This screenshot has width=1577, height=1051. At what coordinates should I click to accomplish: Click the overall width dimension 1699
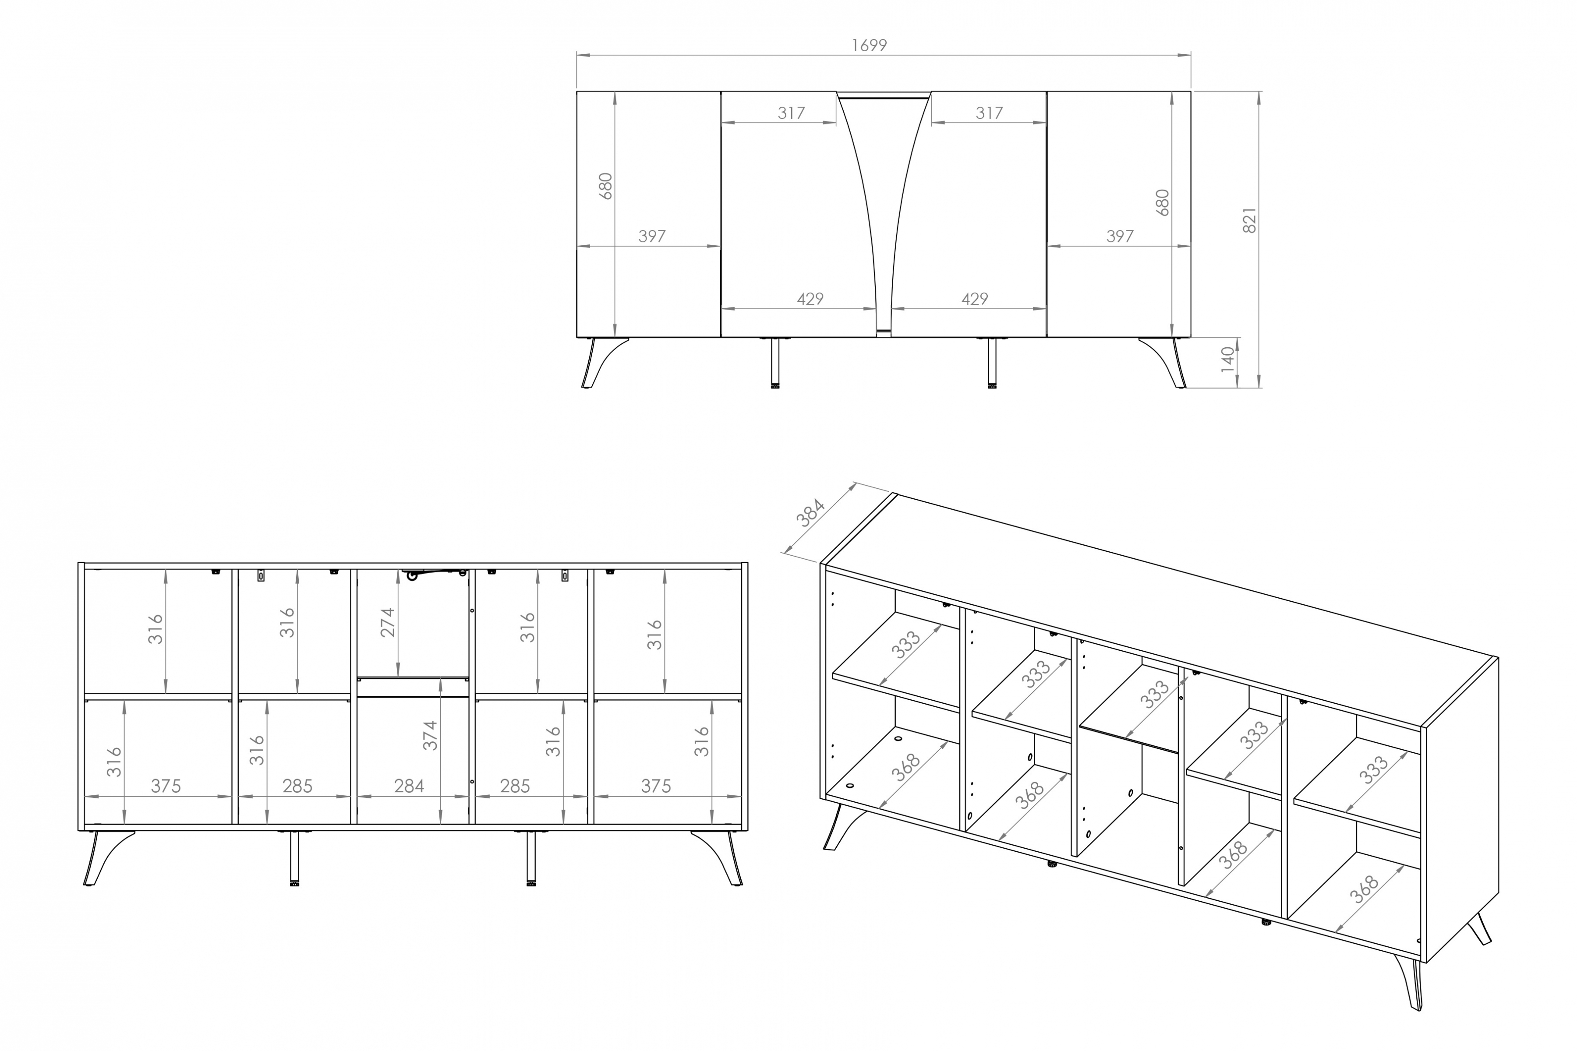[869, 45]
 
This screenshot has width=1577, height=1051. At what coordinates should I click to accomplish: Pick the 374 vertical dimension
[430, 735]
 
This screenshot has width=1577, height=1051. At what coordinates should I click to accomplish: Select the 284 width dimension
[409, 786]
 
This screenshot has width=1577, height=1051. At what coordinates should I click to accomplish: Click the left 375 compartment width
[166, 786]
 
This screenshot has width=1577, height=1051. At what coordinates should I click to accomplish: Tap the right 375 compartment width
[656, 786]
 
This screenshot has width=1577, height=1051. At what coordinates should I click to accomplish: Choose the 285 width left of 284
[297, 786]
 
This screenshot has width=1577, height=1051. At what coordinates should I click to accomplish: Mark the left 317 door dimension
[791, 113]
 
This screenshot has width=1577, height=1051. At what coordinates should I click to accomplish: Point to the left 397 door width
[652, 236]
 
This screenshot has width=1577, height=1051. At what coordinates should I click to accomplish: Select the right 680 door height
[1163, 202]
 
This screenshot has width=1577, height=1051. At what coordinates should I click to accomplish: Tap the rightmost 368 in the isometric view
[1364, 889]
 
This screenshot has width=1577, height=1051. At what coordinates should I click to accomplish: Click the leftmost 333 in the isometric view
[906, 645]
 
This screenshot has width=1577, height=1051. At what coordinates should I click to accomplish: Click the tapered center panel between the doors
[884, 201]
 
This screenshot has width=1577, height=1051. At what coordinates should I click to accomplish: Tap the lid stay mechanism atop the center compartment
[429, 574]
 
